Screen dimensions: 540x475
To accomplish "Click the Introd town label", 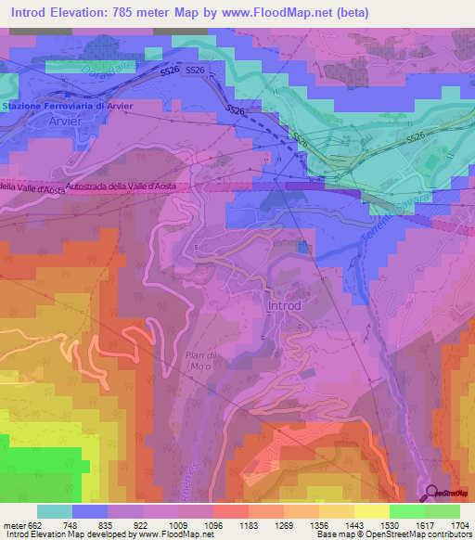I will [285, 305].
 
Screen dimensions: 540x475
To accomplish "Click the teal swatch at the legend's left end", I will [54, 510].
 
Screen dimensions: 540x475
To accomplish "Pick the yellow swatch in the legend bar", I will [371, 510].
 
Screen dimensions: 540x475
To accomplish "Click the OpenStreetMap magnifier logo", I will [432, 494].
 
